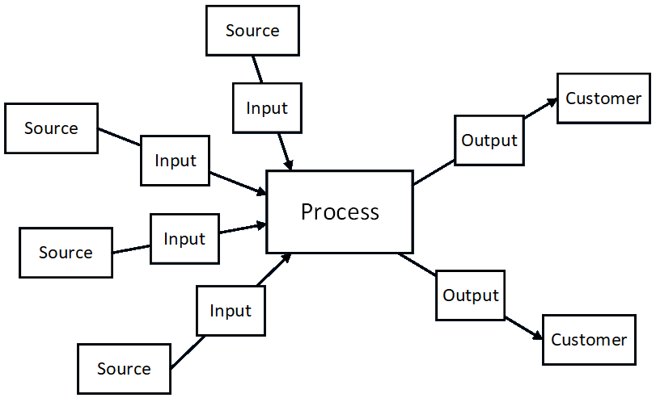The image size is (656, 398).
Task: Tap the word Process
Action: (340, 212)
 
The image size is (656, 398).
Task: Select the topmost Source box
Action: (252, 31)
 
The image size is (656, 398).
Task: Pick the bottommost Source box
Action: (125, 369)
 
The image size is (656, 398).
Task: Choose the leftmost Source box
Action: (52, 128)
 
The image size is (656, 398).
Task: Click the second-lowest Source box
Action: (66, 253)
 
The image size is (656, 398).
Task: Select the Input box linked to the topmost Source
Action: (268, 108)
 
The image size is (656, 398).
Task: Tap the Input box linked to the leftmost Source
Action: (176, 161)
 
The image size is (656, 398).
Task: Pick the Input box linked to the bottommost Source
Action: (231, 311)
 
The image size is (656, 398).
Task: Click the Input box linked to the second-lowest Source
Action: (185, 239)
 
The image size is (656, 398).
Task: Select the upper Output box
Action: (489, 140)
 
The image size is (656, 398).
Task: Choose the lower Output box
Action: (471, 295)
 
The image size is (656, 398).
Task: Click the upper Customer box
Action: (603, 98)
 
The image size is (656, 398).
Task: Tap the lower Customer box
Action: (589, 340)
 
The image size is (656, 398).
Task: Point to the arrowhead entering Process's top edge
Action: (288, 165)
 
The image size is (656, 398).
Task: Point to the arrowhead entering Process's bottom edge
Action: (286, 258)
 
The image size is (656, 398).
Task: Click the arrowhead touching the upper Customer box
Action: (552, 103)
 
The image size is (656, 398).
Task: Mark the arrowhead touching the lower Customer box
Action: (538, 335)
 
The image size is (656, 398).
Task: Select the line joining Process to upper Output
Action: (434, 172)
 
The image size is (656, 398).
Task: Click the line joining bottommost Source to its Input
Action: (188, 353)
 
